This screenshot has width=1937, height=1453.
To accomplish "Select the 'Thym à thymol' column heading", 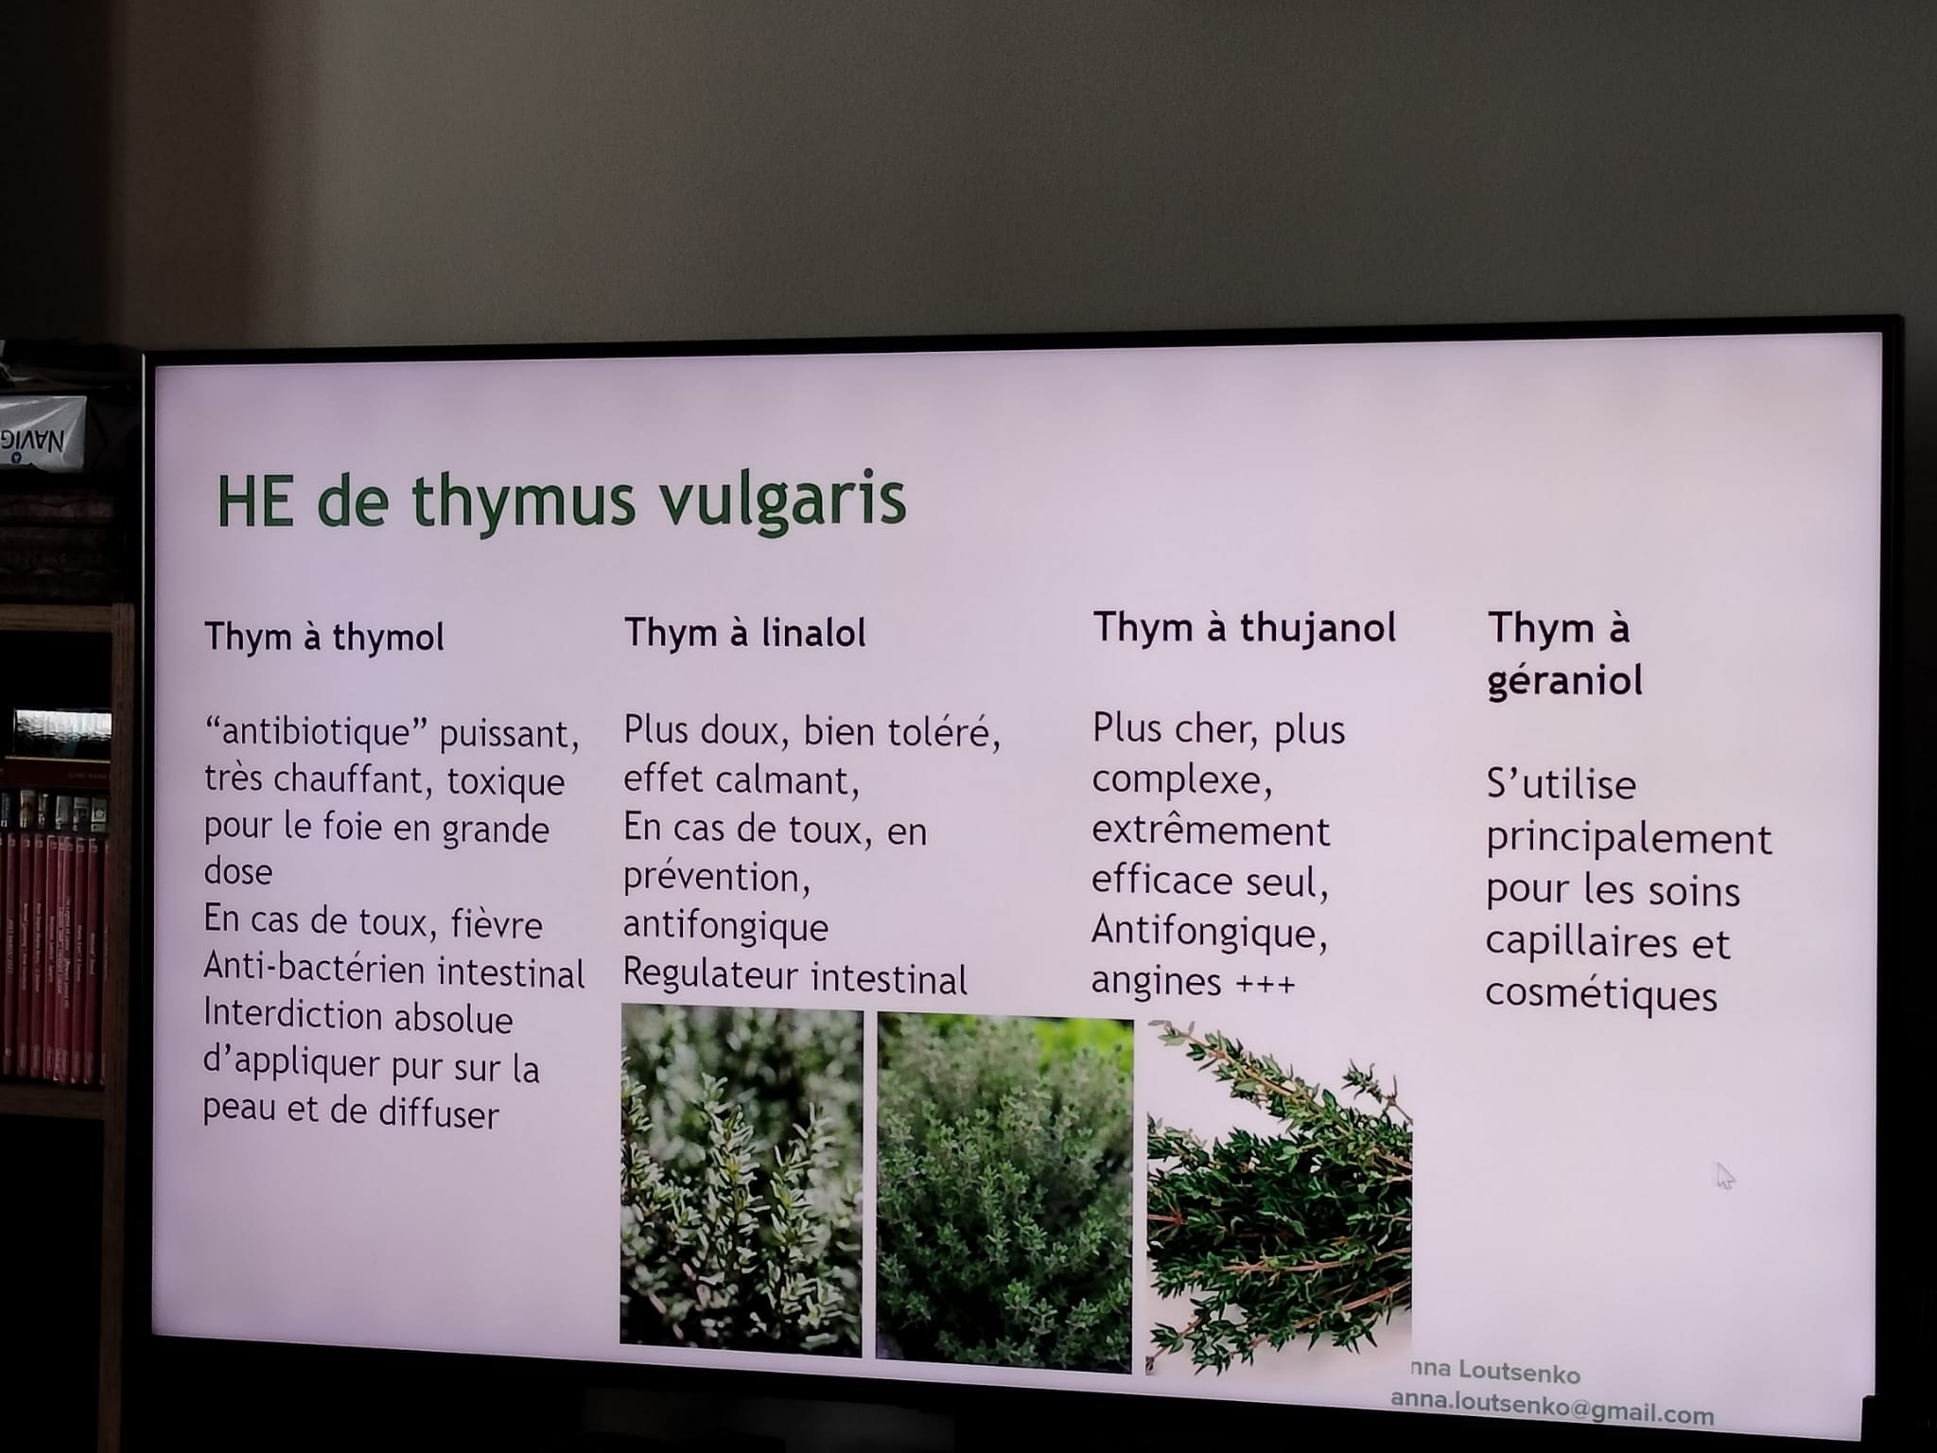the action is (324, 637).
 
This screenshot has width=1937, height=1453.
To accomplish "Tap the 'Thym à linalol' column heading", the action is (745, 633).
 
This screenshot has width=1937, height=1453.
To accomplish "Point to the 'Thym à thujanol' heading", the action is (1245, 627).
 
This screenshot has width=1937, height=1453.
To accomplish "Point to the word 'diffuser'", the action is (438, 1113).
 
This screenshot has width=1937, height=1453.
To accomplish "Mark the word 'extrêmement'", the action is (1211, 831).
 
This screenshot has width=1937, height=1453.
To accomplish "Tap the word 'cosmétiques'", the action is (1601, 994).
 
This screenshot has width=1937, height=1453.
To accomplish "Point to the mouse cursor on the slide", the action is (1725, 1176).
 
